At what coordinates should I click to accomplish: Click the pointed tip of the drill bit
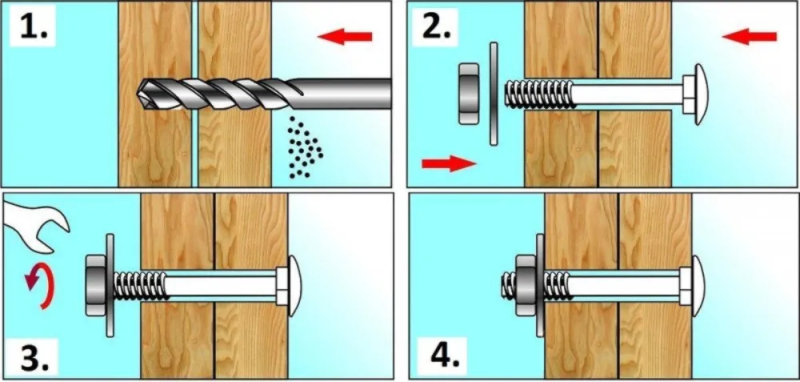click(138, 93)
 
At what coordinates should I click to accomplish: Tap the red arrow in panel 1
click(344, 36)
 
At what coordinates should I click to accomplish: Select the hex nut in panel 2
click(469, 94)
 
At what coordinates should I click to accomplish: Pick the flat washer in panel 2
click(494, 94)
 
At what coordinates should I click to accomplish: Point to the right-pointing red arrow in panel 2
click(449, 163)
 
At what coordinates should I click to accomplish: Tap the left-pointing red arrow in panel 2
click(749, 36)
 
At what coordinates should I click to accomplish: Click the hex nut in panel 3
click(95, 285)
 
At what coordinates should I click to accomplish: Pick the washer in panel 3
click(110, 285)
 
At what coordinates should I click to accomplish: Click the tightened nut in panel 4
click(526, 285)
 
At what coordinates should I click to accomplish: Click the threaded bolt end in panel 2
click(538, 94)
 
